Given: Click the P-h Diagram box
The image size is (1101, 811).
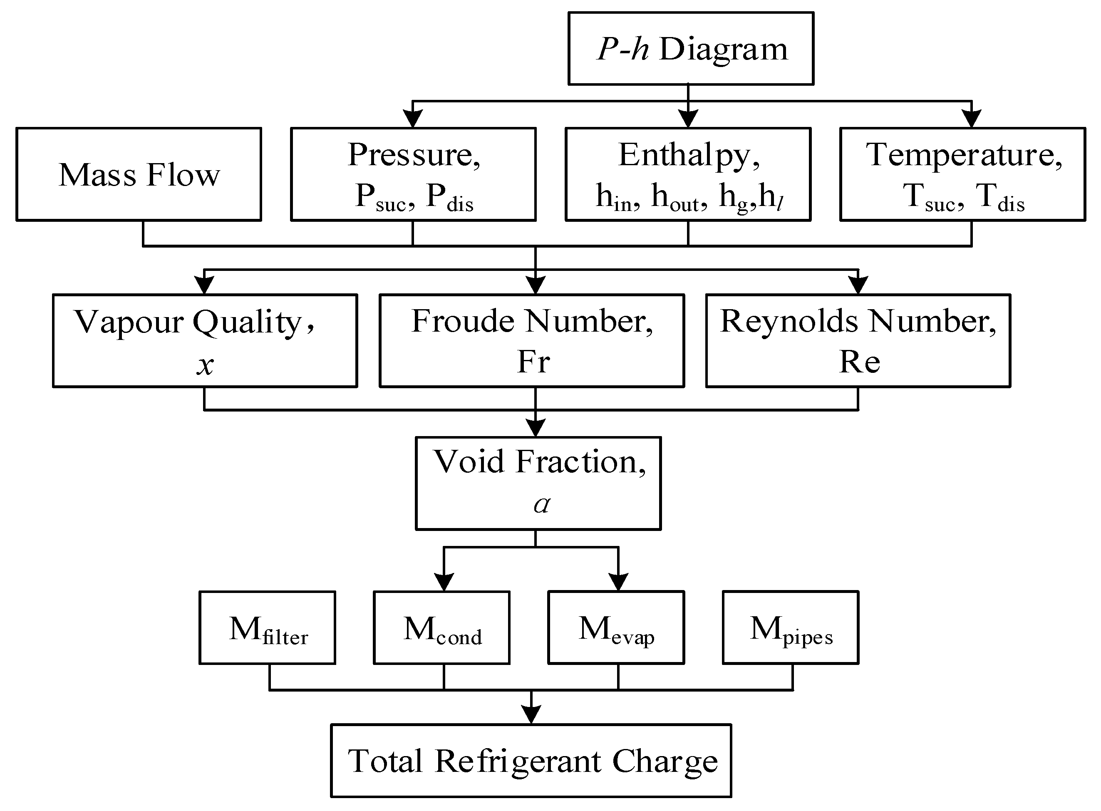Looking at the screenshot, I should pyautogui.click(x=691, y=49).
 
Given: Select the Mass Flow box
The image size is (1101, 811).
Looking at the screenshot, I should pyautogui.click(x=139, y=174).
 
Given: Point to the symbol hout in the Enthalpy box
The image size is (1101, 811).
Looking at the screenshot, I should pyautogui.click(x=678, y=198).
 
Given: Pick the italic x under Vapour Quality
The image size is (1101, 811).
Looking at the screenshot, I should pyautogui.click(x=205, y=365).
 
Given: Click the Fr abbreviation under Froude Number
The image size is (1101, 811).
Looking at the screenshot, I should pyautogui.click(x=533, y=362).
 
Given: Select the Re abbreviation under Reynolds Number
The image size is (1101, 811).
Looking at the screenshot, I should pyautogui.click(x=859, y=362).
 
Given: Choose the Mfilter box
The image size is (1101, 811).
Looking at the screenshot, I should pyautogui.click(x=268, y=628).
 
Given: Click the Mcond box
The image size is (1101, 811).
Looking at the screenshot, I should pyautogui.click(x=442, y=628).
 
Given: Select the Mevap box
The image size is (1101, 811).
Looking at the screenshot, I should pyautogui.click(x=616, y=628).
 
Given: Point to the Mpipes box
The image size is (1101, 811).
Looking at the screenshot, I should pyautogui.click(x=791, y=628).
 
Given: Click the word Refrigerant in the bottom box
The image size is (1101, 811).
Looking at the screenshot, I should pyautogui.click(x=518, y=761).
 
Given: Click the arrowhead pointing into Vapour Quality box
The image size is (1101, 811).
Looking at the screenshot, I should pyautogui.click(x=204, y=285).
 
